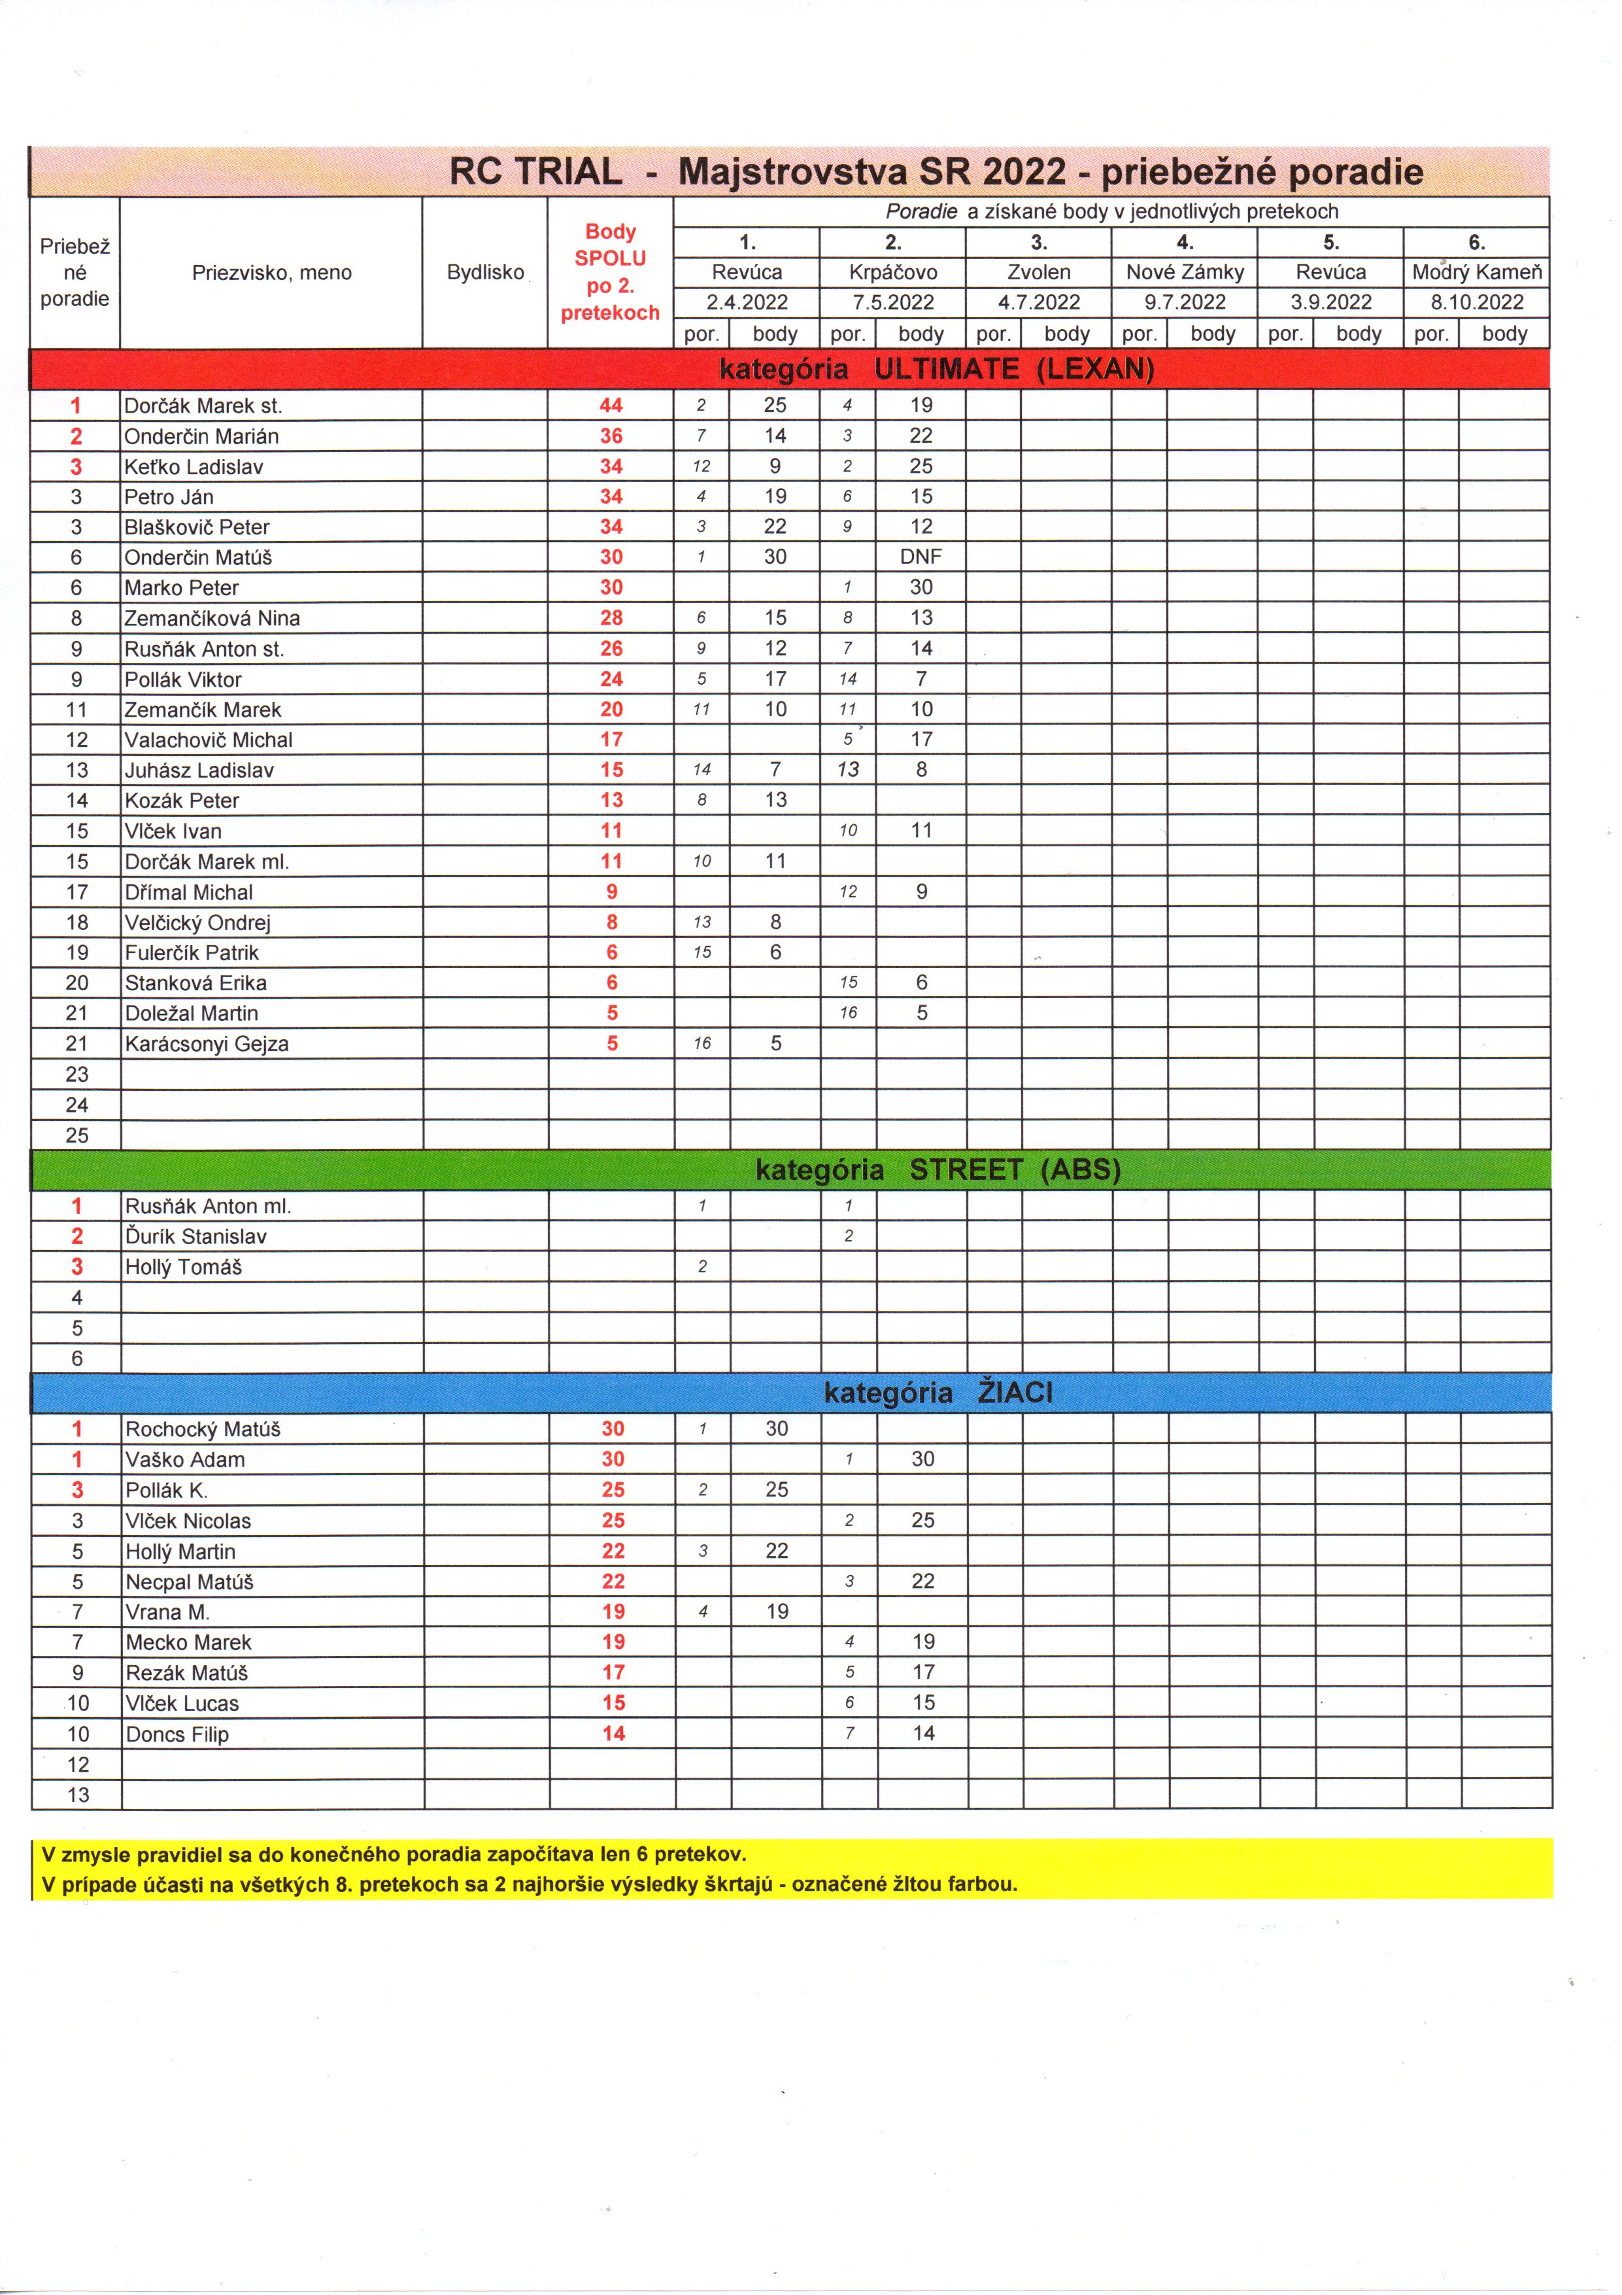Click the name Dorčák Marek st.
pyautogui.click(x=203, y=406)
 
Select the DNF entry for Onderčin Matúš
pyautogui.click(x=921, y=557)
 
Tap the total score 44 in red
pyautogui.click(x=611, y=406)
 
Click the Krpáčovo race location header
pyautogui.click(x=892, y=272)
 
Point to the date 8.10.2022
pyautogui.click(x=1476, y=303)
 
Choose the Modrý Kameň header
pyautogui.click(x=1476, y=272)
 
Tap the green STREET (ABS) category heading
pyautogui.click(x=938, y=1169)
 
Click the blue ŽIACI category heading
pyautogui.click(x=938, y=1392)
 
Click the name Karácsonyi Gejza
pyautogui.click(x=206, y=1044)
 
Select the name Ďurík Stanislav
pyautogui.click(x=196, y=1237)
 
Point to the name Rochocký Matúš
pyautogui.click(x=203, y=1429)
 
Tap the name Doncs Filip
pyautogui.click(x=177, y=1734)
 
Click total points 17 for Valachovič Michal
pyautogui.click(x=611, y=740)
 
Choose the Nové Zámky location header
pyautogui.click(x=1184, y=272)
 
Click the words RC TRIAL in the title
pyautogui.click(x=535, y=172)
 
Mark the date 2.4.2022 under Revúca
pyautogui.click(x=747, y=303)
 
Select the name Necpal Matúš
pyautogui.click(x=190, y=1582)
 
